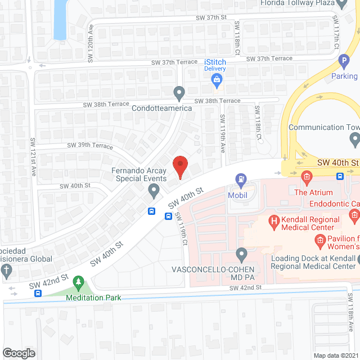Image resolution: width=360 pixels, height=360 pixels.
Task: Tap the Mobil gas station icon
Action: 241,181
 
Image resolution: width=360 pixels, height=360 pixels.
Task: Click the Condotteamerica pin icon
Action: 179,92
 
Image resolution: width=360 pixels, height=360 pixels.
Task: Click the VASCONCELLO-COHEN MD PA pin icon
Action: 241,254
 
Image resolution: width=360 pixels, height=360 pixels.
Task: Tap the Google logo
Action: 19,353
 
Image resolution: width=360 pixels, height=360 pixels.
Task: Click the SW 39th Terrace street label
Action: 90,145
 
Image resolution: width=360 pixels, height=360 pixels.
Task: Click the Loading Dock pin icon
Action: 354,259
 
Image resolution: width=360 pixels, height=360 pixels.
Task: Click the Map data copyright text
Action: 336,355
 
